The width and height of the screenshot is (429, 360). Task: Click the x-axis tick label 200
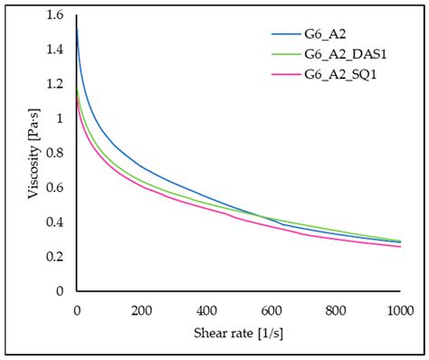pyautogui.click(x=141, y=309)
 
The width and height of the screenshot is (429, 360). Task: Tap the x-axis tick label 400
pyautogui.click(x=206, y=309)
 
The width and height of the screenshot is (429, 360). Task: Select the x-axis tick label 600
pyautogui.click(x=272, y=309)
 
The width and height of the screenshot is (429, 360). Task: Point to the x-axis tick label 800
pyautogui.click(x=336, y=309)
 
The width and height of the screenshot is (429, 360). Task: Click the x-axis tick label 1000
pyautogui.click(x=399, y=309)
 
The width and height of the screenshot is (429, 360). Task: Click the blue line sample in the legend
pyautogui.click(x=289, y=36)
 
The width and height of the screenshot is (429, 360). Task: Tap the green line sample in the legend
pyautogui.click(x=289, y=55)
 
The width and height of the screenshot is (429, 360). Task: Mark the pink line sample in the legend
pyautogui.click(x=289, y=74)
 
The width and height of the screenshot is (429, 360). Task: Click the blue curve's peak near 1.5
pyautogui.click(x=77, y=30)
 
